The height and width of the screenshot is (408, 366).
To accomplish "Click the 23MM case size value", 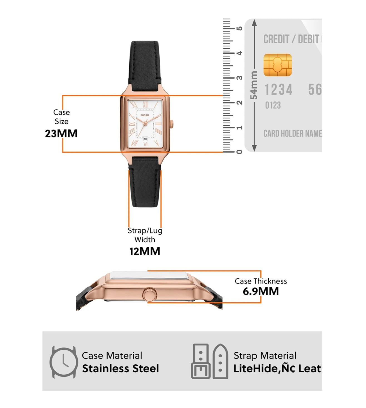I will [61, 134].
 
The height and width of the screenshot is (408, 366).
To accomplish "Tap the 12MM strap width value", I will [145, 252].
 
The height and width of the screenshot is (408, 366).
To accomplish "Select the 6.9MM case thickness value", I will [261, 292].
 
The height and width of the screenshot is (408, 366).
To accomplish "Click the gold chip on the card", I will [278, 65].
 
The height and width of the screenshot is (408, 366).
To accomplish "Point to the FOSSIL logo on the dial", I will [145, 115].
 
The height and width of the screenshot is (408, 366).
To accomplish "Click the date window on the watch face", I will [145, 139].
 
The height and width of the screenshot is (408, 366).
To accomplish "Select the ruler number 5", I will [239, 28].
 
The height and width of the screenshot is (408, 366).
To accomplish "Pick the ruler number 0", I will [239, 152].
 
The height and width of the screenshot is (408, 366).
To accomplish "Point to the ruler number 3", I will [239, 78].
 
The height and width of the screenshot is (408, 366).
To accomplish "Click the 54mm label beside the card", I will [254, 85].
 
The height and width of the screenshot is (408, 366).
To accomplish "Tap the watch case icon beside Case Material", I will [64, 362].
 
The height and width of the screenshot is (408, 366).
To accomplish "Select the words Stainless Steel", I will [120, 369].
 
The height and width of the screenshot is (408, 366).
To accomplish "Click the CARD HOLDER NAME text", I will [293, 134].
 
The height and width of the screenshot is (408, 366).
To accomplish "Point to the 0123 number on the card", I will [273, 105].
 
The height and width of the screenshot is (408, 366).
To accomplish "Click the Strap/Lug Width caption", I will [145, 235].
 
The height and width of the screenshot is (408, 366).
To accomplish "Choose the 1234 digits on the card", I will [278, 90].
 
